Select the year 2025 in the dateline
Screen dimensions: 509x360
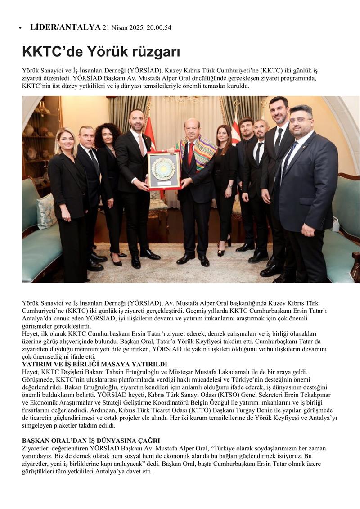134,28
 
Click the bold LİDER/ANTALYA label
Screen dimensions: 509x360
65,27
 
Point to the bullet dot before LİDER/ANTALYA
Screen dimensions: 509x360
20,28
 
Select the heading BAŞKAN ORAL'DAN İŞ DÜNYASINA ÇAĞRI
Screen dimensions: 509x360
91,441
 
